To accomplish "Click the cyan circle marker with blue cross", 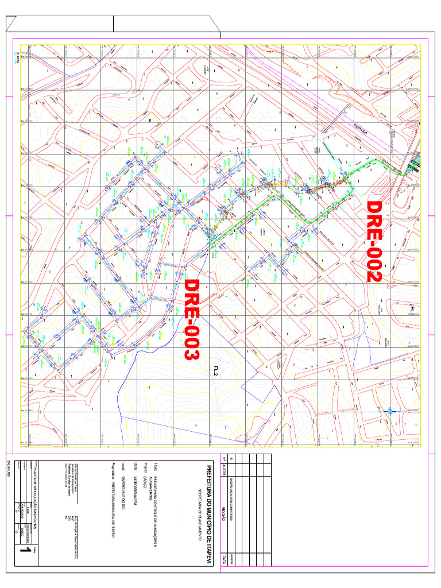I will [390, 411].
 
